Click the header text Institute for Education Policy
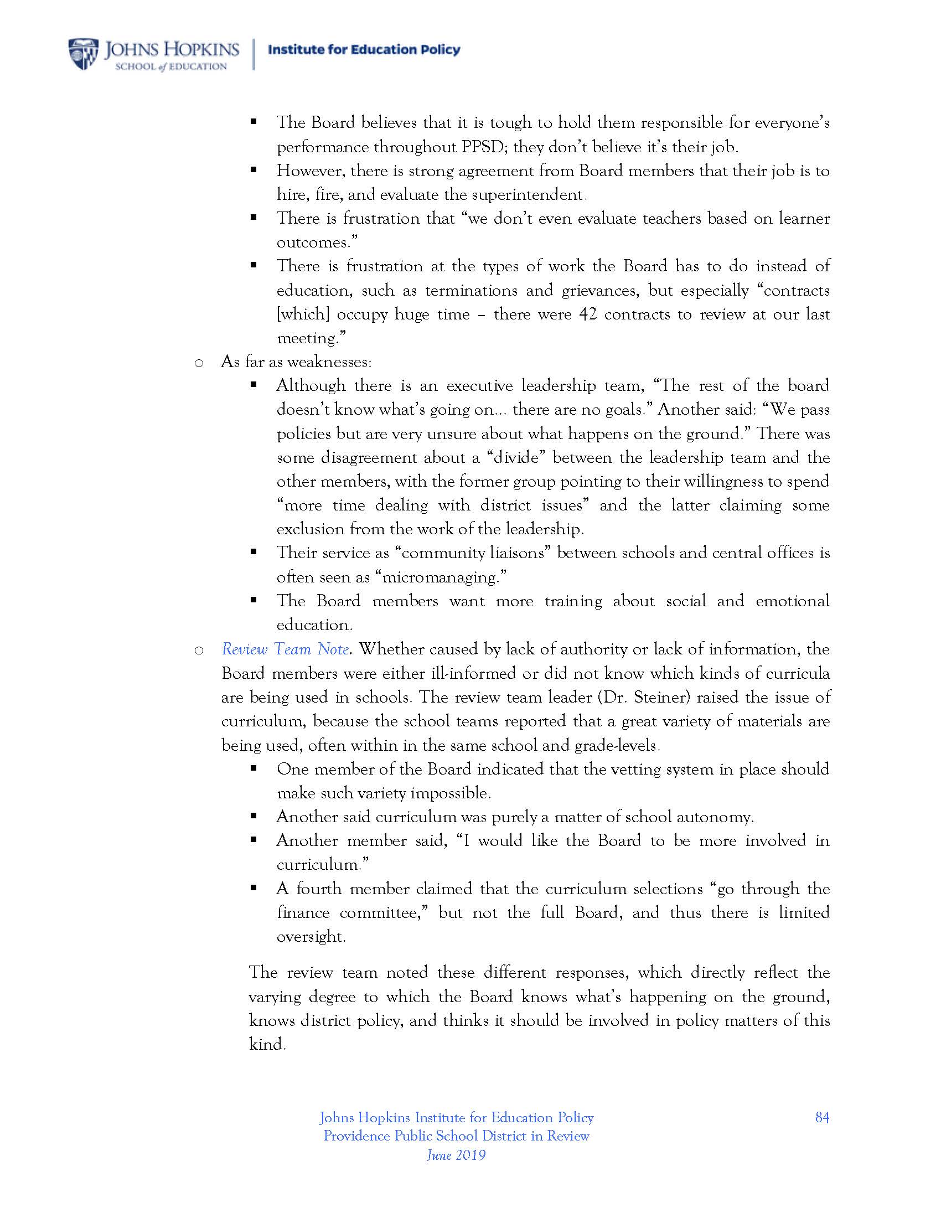pos(364,50)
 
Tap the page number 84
pos(821,1117)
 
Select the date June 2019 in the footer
pos(456,1155)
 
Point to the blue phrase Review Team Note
pos(286,649)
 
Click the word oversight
pos(311,937)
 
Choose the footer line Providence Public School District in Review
pos(456,1136)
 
